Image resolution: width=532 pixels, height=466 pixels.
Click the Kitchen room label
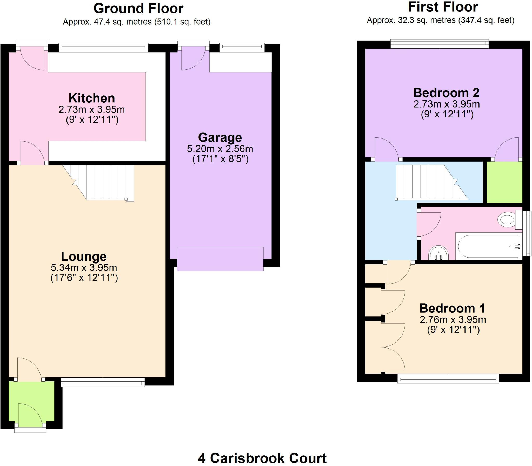point(92,99)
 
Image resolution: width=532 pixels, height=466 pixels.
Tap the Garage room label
point(220,137)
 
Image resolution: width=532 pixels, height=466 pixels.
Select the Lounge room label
point(84,256)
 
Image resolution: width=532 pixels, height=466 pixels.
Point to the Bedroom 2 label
point(446,93)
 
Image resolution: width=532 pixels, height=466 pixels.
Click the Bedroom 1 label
point(452,309)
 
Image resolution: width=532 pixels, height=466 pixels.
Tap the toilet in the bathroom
point(507,220)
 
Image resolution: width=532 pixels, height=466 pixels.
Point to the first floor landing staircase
point(429,182)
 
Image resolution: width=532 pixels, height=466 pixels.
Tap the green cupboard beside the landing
point(504,182)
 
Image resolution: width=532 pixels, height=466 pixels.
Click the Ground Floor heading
point(138,9)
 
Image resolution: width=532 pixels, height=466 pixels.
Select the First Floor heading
point(443,7)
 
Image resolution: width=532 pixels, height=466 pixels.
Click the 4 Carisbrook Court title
point(262,458)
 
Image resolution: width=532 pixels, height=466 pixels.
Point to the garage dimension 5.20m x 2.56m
point(220,149)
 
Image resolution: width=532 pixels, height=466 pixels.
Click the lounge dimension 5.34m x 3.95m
point(84,267)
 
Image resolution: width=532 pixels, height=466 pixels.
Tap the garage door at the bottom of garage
point(220,259)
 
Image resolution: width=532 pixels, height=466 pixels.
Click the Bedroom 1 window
point(448,379)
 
